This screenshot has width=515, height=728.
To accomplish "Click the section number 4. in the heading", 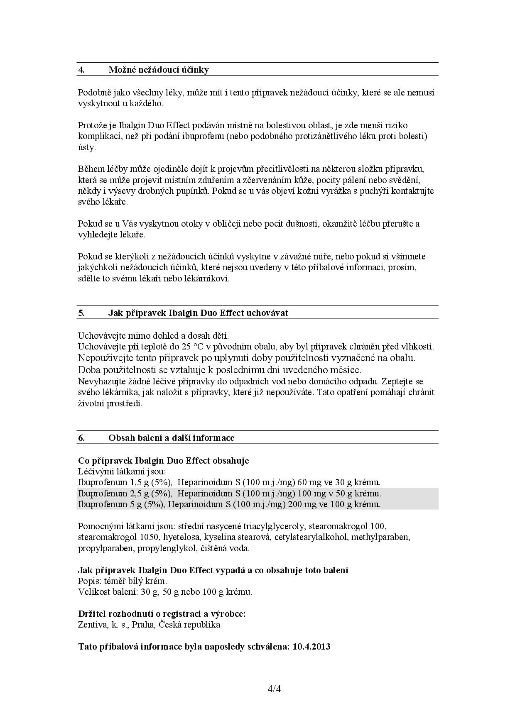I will point(81,70).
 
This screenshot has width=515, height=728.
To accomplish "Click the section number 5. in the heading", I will point(81,313).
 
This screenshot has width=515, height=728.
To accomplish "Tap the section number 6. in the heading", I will point(81,438).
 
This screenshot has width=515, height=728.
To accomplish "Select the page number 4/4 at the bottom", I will point(275,689).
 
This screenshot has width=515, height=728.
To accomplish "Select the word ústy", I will point(87,147).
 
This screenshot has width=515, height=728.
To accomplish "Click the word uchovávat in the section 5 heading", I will point(267,313).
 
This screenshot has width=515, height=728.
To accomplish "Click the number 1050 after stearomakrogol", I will point(149,537).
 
